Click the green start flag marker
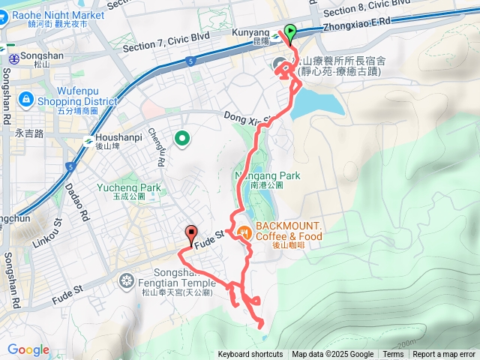[290, 31]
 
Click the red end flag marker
[190, 232]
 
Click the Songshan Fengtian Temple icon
[126, 280]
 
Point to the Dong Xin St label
[247, 118]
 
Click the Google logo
[28, 349]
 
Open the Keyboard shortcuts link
[250, 355]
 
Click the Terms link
[393, 355]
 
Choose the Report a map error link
[444, 355]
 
